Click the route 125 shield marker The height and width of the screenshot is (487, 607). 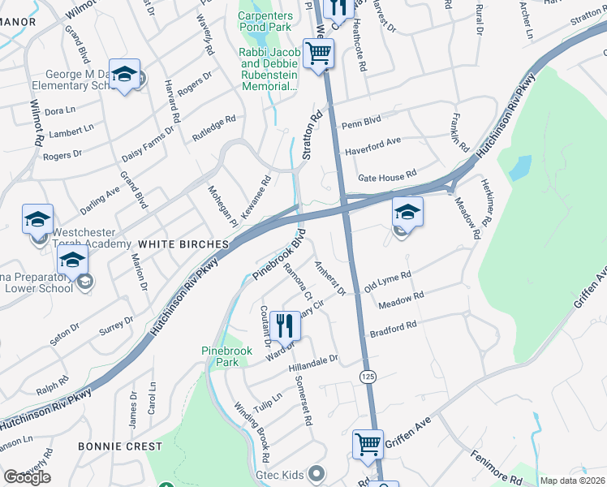point(369,377)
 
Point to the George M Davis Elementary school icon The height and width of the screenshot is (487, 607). point(124,75)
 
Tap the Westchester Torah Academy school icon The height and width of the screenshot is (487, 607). point(37,219)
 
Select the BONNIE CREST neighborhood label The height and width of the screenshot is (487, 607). point(116,446)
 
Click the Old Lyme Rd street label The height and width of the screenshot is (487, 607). point(388,282)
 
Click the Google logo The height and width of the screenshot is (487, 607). point(27,477)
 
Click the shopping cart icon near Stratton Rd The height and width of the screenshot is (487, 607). point(319,54)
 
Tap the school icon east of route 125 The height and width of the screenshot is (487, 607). point(407,213)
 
